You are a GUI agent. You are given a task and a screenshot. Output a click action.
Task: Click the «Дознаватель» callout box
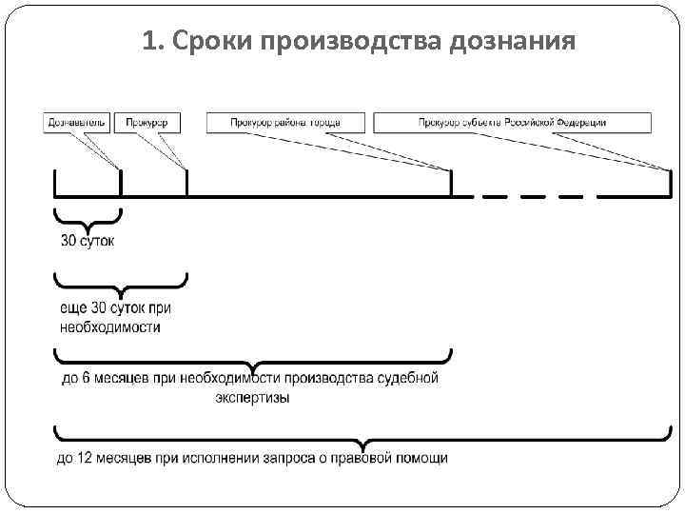(77, 123)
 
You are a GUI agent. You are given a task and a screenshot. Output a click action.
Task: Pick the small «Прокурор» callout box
(148, 123)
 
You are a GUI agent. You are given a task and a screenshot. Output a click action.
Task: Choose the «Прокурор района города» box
(298, 123)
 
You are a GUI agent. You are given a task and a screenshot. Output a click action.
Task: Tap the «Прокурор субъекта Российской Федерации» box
(512, 123)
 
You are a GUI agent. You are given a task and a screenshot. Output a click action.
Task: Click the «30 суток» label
(88, 242)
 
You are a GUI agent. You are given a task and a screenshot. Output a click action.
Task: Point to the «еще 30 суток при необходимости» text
(116, 318)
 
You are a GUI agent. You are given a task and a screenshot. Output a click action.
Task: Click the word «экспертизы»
(252, 398)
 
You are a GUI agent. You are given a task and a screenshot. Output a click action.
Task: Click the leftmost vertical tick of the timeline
(55, 182)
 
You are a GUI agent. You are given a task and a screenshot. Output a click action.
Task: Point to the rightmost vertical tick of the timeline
(670, 182)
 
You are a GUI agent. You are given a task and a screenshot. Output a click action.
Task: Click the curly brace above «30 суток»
(88, 219)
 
